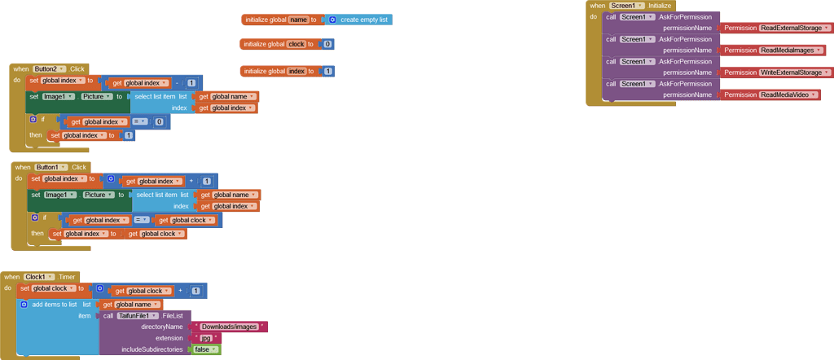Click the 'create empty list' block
[364, 20]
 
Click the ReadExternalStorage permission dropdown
[792, 28]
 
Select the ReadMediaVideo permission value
[788, 94]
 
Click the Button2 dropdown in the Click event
[50, 69]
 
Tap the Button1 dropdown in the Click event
[52, 167]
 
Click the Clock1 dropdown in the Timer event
[40, 277]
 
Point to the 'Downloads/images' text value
[230, 327]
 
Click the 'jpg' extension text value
[206, 338]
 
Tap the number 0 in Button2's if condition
[159, 122]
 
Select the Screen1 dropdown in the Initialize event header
[626, 6]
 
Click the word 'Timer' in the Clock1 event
[67, 277]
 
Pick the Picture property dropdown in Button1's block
[99, 195]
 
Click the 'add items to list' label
[55, 305]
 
